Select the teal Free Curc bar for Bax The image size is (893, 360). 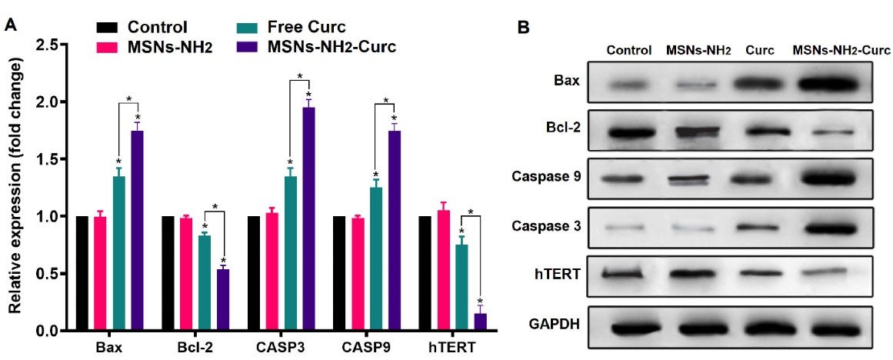118,254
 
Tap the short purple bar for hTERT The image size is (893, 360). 480,322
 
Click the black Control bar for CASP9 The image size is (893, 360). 339,273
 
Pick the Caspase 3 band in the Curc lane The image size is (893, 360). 758,228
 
